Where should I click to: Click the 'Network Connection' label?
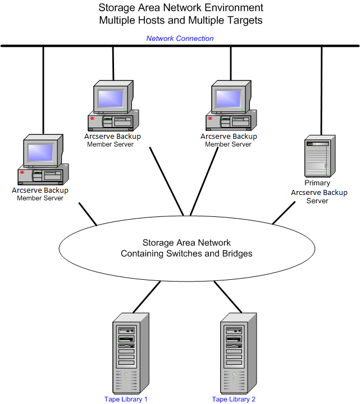[x=180, y=39]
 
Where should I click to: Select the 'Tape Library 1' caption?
[x=126, y=399]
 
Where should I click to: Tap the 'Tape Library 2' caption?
[x=234, y=399]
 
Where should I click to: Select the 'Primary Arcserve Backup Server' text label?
[x=318, y=192]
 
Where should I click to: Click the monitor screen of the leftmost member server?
[x=40, y=152]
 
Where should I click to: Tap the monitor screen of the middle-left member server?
[x=111, y=98]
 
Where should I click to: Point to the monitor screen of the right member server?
[x=228, y=98]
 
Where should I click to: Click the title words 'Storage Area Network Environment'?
[x=180, y=8]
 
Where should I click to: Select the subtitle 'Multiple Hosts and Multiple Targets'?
[x=180, y=20]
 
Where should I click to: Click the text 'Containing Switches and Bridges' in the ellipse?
[x=186, y=253]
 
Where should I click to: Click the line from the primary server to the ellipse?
[x=284, y=213]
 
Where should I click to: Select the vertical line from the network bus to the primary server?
[x=321, y=90]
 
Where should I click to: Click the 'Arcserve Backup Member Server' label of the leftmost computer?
[x=40, y=194]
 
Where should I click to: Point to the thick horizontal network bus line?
[x=180, y=46]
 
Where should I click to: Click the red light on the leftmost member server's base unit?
[x=22, y=172]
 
